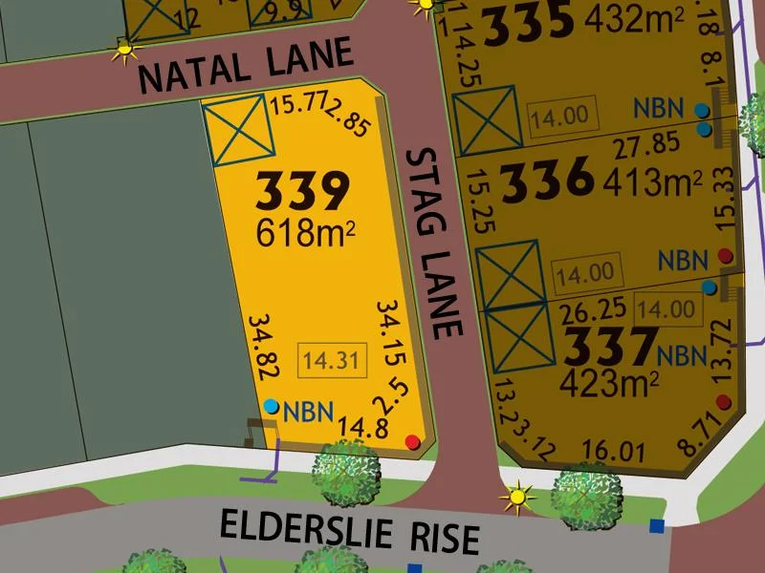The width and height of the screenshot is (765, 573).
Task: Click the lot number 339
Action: point(301,193)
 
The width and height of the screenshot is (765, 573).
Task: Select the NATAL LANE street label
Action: point(246,65)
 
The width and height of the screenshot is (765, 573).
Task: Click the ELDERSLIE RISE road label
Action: point(349,532)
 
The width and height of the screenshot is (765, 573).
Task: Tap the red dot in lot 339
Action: point(412,441)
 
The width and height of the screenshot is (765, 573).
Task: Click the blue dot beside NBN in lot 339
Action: point(272,407)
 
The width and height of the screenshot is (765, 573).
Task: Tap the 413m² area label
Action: point(652,181)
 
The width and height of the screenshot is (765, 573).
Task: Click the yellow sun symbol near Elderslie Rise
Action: point(518,496)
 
